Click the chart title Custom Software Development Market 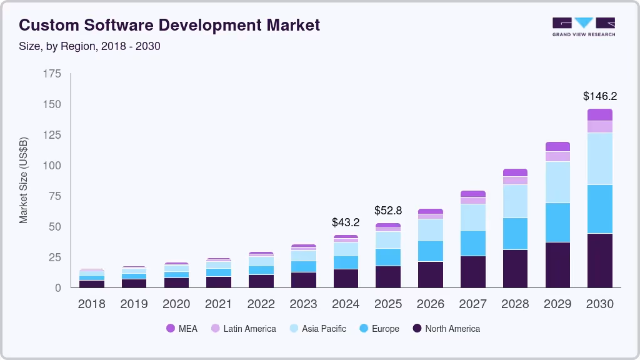click(169, 25)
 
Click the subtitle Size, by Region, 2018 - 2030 click(89, 46)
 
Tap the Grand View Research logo click(583, 27)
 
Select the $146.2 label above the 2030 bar click(599, 96)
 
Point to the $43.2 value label click(346, 222)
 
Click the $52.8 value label click(387, 210)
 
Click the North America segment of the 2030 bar click(599, 261)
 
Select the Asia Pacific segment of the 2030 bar click(599, 159)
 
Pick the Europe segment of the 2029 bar click(557, 222)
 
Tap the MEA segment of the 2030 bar click(599, 114)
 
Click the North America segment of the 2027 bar click(472, 272)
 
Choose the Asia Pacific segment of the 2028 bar click(515, 201)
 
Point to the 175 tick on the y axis click(52, 74)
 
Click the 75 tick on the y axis click(54, 196)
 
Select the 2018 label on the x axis click(91, 304)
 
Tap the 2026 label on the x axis click(430, 304)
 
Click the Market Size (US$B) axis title click(23, 181)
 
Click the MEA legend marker click(170, 329)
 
